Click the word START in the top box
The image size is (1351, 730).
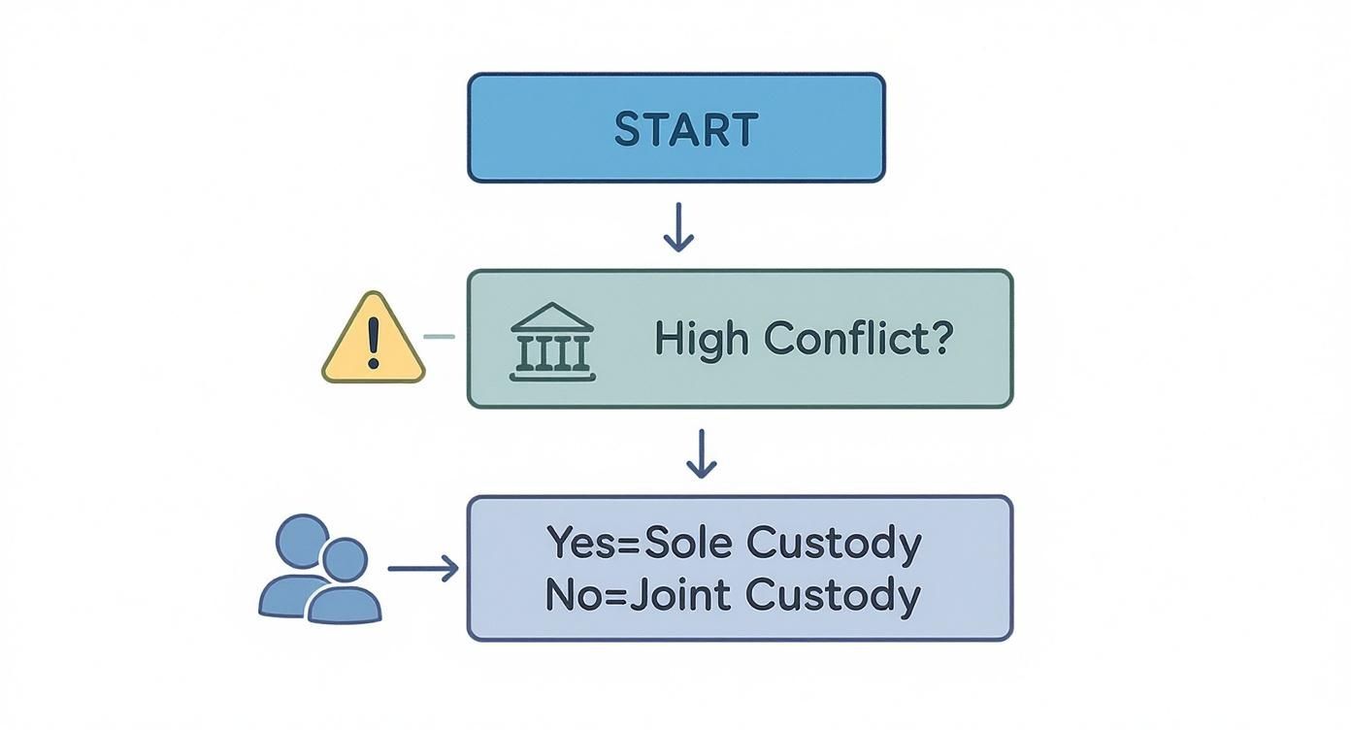point(685,129)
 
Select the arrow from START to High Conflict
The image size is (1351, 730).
point(678,227)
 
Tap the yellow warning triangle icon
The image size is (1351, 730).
point(374,341)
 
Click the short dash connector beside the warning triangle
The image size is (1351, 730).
point(440,337)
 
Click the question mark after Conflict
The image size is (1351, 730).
point(939,338)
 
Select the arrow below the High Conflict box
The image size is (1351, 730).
point(701,453)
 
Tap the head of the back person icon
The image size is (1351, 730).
point(303,540)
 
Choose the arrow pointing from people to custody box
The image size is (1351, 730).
point(423,569)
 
